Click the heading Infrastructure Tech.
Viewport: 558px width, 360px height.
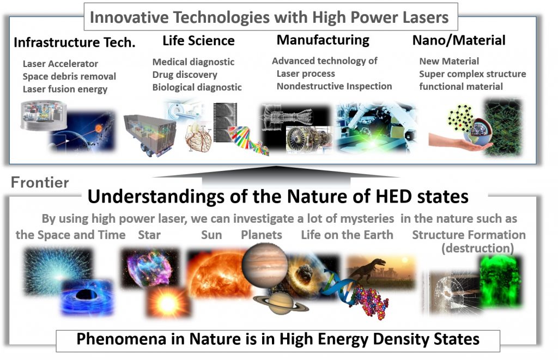tap(74, 42)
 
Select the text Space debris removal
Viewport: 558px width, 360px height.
tap(69, 76)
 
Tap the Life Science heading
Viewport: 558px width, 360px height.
tap(198, 40)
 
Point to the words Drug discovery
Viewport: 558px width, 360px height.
tap(185, 75)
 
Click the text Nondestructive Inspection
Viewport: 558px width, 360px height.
tap(334, 87)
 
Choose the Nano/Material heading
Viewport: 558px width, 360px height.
tap(459, 40)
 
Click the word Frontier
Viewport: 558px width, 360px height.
tap(40, 182)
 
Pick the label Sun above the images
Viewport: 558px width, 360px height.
tap(211, 235)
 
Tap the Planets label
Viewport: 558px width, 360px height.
tap(262, 235)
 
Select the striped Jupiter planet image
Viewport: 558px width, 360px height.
tap(264, 265)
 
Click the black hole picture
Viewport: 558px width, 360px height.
tap(87, 297)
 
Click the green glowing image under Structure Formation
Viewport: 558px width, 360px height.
tap(500, 281)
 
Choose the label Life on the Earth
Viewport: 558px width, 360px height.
tap(347, 235)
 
